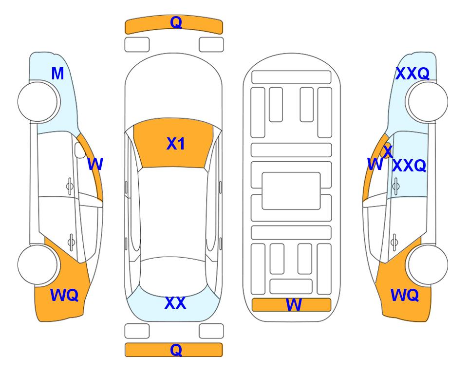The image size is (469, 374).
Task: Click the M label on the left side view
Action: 58,74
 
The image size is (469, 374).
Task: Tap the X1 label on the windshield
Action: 176,144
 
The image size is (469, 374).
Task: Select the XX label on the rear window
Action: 175,303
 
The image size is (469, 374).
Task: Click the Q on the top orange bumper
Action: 176,22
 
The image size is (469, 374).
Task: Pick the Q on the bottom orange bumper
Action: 176,350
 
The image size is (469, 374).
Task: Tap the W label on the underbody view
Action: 294,305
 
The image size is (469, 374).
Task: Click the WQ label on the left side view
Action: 64,295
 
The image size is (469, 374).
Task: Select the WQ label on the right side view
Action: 405,295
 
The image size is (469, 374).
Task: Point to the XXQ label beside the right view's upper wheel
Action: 413,74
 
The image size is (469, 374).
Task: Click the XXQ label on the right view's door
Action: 409,166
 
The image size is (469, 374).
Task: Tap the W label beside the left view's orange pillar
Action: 95,164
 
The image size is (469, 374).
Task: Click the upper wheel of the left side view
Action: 38,101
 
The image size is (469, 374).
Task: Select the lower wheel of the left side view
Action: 38,264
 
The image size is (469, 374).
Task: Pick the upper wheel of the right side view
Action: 428,101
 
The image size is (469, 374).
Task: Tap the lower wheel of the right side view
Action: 428,264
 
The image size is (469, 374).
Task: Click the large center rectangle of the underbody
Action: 291,191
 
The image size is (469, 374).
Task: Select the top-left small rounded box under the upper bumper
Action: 137,45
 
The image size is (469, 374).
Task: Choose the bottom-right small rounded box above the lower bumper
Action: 211,331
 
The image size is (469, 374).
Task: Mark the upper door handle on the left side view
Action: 70,187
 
